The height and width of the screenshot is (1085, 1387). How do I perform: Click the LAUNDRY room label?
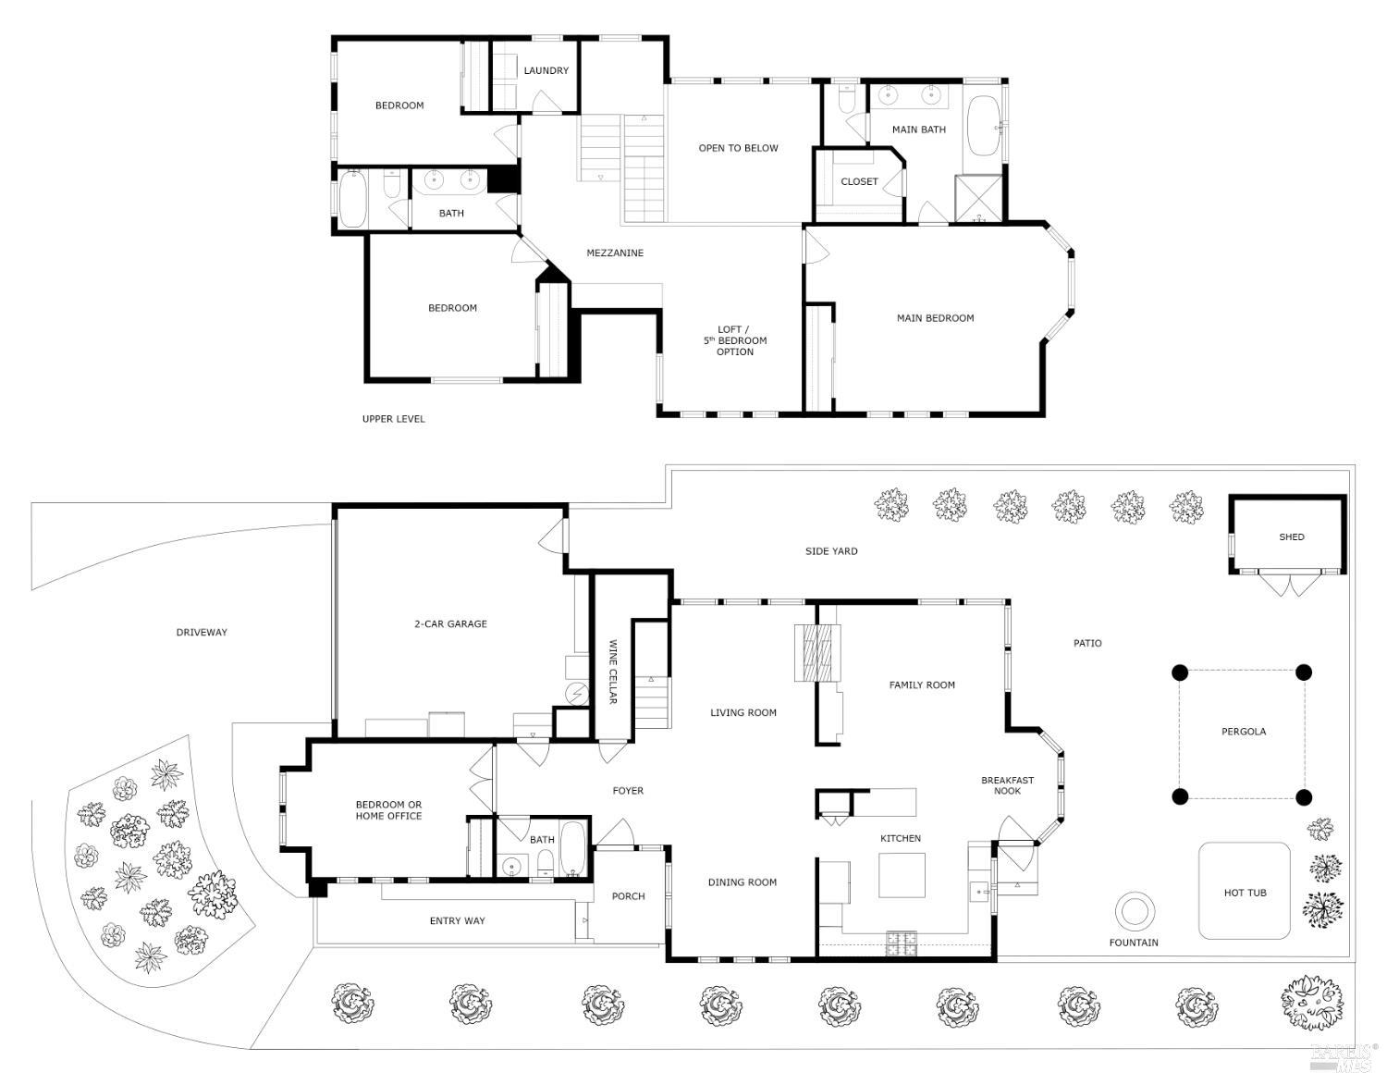click(x=546, y=70)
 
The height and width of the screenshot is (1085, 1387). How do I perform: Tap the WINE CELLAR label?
click(x=612, y=672)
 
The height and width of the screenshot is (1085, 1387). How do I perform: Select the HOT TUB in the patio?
click(x=1245, y=892)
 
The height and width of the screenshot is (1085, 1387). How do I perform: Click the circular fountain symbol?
click(x=1134, y=912)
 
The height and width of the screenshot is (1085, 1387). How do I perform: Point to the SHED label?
click(x=1291, y=536)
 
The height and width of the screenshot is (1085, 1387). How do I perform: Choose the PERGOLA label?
click(x=1244, y=732)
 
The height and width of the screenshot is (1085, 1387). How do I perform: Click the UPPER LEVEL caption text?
click(x=393, y=419)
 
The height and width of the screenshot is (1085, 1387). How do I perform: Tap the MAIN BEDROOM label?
click(x=935, y=318)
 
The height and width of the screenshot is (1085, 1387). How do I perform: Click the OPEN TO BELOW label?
click(x=738, y=148)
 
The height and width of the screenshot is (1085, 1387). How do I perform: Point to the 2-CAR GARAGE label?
click(x=450, y=624)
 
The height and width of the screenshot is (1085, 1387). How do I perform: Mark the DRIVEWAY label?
click(x=202, y=633)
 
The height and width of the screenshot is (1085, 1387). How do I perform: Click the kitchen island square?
click(x=902, y=875)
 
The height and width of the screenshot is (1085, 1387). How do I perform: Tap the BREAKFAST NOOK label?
click(x=1007, y=785)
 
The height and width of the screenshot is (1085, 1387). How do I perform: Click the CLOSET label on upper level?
click(x=859, y=181)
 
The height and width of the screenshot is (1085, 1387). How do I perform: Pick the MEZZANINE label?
click(x=615, y=253)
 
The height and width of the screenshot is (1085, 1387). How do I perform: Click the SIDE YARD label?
click(x=831, y=551)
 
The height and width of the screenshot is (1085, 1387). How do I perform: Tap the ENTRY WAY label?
click(x=457, y=921)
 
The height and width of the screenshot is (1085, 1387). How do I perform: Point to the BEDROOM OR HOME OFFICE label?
click(x=388, y=810)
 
